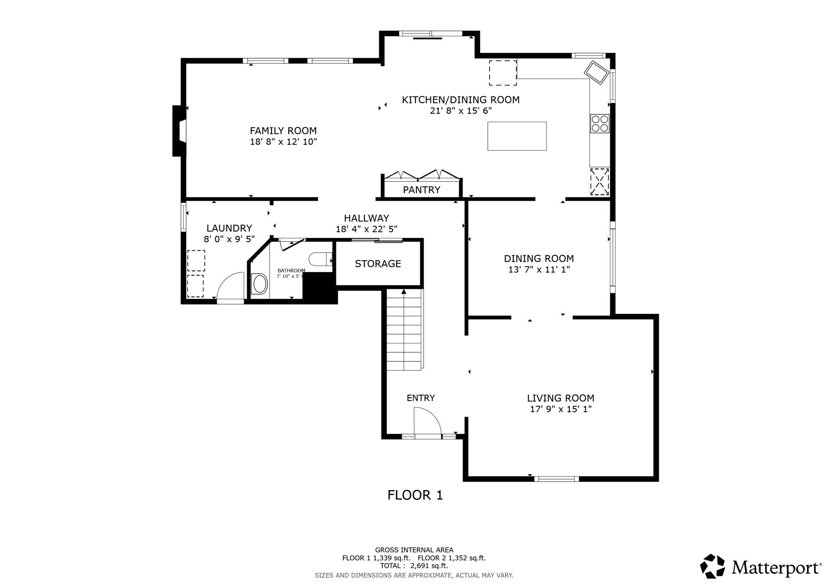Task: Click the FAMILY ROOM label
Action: pos(283,131)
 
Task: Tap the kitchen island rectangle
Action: pos(517,136)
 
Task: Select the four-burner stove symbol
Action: pos(599,124)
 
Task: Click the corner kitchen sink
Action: pos(596,73)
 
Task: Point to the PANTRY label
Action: pos(421,190)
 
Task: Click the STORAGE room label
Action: pos(378,264)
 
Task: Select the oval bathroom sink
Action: pos(260,284)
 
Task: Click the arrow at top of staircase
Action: pos(404,291)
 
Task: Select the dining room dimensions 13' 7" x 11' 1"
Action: pos(539,270)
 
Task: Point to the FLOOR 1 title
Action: pos(415,495)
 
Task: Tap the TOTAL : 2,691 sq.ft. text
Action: pos(414,566)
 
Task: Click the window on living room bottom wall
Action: pos(556,479)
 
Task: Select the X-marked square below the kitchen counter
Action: pos(599,182)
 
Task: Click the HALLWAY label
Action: pos(366,218)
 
